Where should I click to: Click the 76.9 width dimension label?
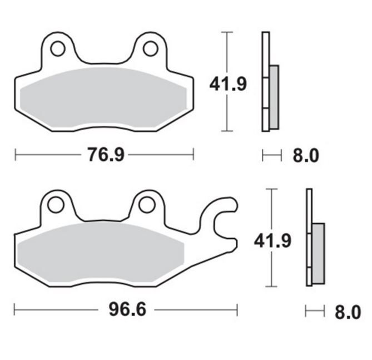[x=106, y=155]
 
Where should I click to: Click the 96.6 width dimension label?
[x=127, y=310]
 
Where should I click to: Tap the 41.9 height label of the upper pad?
[x=228, y=84]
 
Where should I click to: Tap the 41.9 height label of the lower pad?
[x=272, y=241]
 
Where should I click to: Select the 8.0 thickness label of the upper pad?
[x=306, y=156]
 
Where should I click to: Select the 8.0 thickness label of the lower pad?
[x=348, y=312]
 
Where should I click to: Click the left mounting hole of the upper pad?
[x=58, y=49]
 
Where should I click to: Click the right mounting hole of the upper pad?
[x=151, y=49]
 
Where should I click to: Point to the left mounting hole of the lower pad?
[x=56, y=204]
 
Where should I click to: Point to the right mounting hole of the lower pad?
[x=147, y=205]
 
